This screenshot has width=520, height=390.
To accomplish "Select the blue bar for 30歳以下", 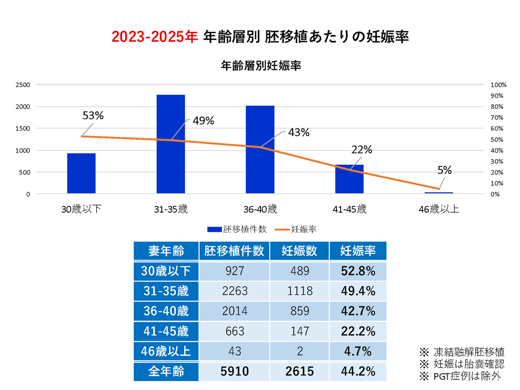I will tap(81, 174).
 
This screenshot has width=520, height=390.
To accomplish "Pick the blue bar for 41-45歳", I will tap(349, 179).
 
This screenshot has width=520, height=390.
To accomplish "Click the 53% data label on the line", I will tap(93, 115).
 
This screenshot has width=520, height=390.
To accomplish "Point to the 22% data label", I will tap(361, 150).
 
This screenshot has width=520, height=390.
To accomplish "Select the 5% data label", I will tap(445, 170).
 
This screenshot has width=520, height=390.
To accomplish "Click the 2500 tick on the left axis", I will tap(23, 85).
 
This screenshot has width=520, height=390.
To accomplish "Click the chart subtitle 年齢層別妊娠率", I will tap(261, 66).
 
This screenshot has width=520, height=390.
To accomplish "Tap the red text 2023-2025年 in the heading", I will tap(154, 37).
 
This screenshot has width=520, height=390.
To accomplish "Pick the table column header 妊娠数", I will tap(299, 251).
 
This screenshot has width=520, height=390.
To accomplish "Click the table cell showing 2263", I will tap(235, 291).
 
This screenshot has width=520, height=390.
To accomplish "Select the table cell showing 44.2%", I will tap(358, 372).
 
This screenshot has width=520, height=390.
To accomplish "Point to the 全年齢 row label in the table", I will tap(166, 372).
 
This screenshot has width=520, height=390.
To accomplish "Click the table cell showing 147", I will tap(299, 331).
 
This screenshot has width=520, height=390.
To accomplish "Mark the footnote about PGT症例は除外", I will tap(462, 375).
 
